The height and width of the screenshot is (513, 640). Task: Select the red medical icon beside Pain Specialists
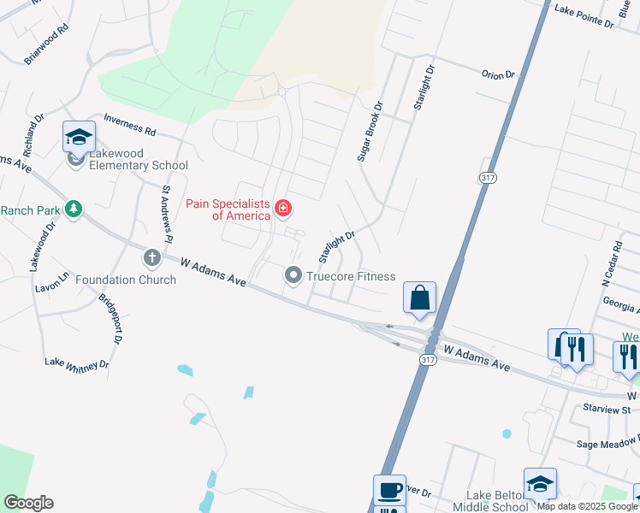click(x=282, y=208)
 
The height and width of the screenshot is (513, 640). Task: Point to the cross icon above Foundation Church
click(x=152, y=257)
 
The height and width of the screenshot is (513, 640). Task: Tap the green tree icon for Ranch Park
click(x=74, y=209)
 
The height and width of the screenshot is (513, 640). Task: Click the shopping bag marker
click(x=419, y=298)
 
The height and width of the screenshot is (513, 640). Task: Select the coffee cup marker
click(x=389, y=490)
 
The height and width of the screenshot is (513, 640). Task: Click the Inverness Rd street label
click(x=129, y=125)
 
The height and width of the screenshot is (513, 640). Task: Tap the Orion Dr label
click(x=497, y=74)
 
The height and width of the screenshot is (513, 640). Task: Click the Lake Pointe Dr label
click(x=584, y=17)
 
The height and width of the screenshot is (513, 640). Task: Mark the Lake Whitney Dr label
click(x=77, y=363)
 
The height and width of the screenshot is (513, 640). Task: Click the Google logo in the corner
click(x=28, y=503)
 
